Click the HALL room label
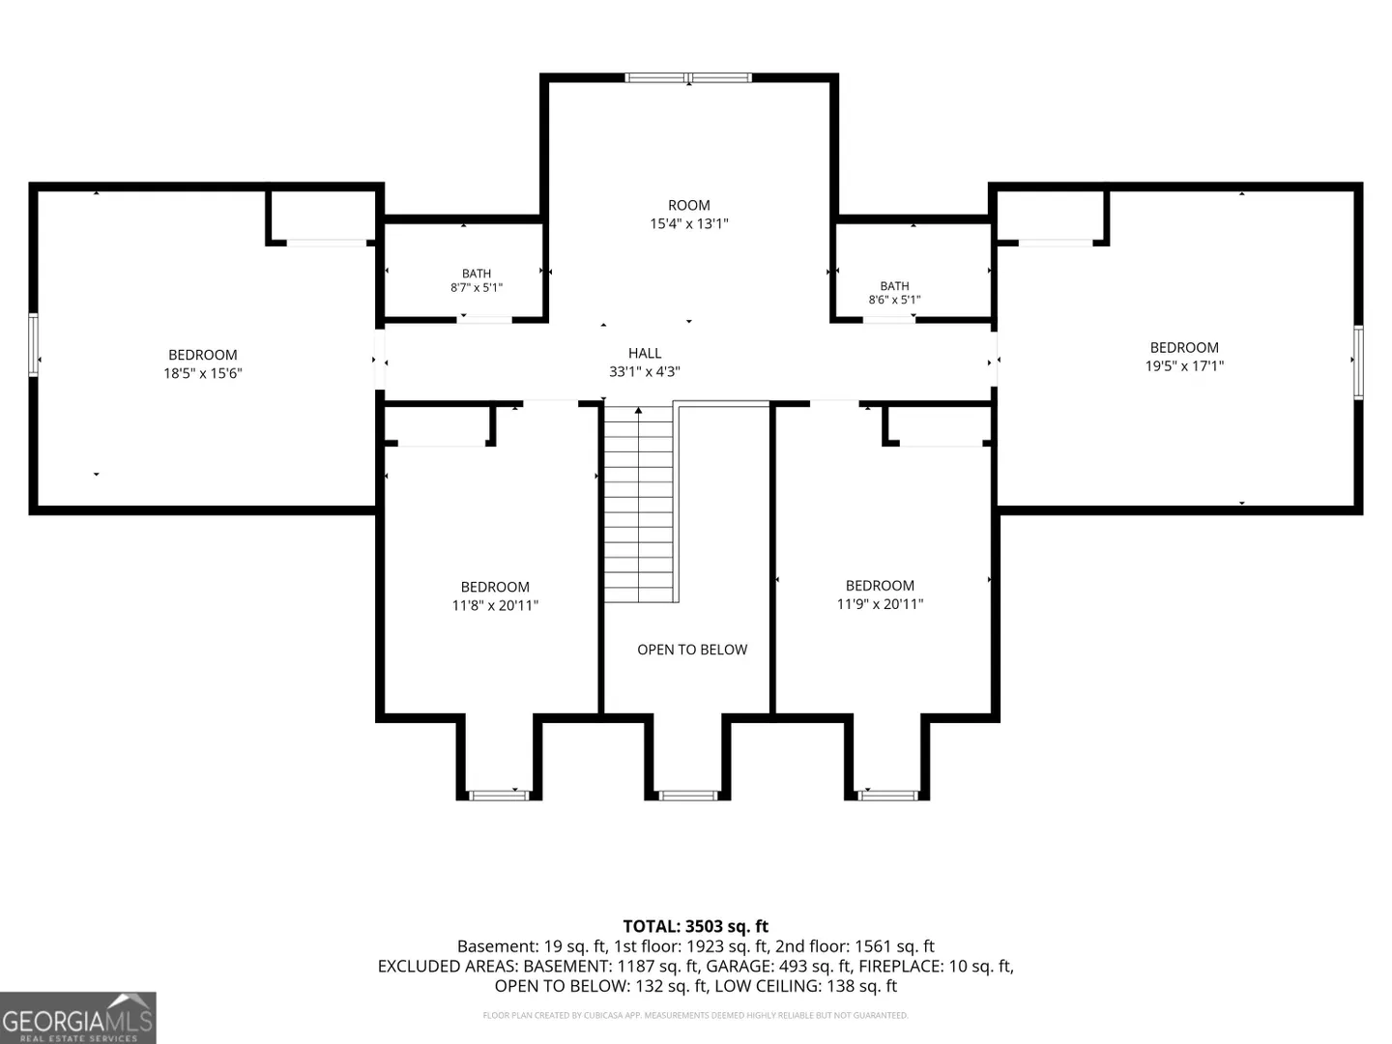point(645,353)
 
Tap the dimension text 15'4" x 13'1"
point(688,223)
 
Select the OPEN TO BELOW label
point(692,649)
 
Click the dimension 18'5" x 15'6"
point(203,373)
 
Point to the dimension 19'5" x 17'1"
point(1184,365)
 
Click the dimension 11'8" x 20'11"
point(495,605)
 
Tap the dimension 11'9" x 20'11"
point(880,604)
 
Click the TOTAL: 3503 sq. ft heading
point(696,926)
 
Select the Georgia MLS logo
point(78,1017)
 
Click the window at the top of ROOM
point(688,78)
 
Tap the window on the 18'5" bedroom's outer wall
point(33,345)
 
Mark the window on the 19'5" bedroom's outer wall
point(1358,362)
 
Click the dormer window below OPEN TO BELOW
point(687,796)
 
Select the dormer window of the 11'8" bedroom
point(499,796)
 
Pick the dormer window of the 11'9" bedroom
point(887,796)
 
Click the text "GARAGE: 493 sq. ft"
point(778,966)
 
